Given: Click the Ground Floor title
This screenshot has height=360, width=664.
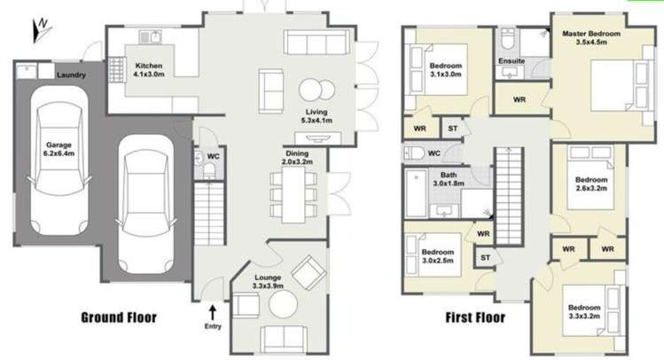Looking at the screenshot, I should tap(119, 317).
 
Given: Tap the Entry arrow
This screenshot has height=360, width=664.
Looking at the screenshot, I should tap(213, 311).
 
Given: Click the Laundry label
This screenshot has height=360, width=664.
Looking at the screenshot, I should tap(70, 76).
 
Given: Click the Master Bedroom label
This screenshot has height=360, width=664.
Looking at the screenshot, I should tap(592, 37).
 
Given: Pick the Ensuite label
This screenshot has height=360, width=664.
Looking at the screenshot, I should tap(512, 61).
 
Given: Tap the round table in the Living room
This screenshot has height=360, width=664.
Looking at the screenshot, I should tap(311, 91).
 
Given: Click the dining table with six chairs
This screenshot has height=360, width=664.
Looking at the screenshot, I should tap(293, 193).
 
